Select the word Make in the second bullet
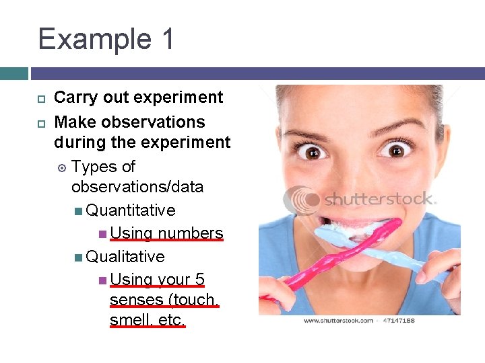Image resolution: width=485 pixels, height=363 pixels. point(73,122)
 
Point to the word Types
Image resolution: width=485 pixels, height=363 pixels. point(94,167)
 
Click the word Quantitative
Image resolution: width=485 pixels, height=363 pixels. point(131,210)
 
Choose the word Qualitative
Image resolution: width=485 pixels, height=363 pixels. point(125,257)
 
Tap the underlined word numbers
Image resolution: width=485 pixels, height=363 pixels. point(191,233)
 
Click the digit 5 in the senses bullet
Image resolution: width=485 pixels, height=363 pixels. point(199,280)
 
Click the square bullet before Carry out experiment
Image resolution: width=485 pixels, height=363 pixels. point(40,98)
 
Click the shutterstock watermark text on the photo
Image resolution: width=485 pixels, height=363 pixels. point(381,199)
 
